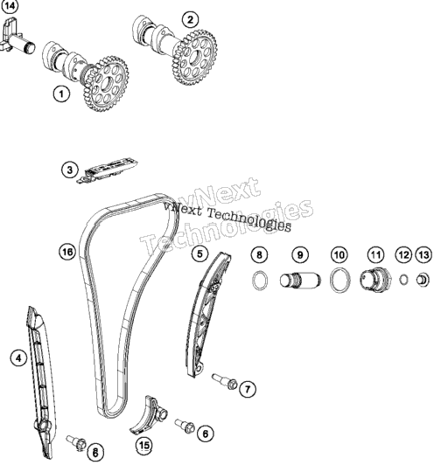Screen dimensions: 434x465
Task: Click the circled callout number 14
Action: pyautogui.click(x=10, y=6)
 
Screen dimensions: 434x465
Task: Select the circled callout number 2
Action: pyautogui.click(x=190, y=19)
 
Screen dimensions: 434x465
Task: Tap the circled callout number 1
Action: pyautogui.click(x=61, y=94)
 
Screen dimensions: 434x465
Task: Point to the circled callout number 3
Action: pyautogui.click(x=70, y=170)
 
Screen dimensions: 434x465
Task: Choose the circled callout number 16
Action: pyautogui.click(x=67, y=252)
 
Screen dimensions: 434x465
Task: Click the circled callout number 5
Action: pyautogui.click(x=199, y=253)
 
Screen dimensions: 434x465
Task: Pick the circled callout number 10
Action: pyautogui.click(x=339, y=254)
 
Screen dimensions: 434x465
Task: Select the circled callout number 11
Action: pyautogui.click(x=376, y=254)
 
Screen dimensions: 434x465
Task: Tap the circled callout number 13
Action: pyautogui.click(x=423, y=254)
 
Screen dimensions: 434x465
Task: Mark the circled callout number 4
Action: pyautogui.click(x=18, y=358)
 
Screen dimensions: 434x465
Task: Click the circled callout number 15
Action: pyautogui.click(x=144, y=445)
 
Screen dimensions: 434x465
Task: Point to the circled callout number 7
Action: pyautogui.click(x=248, y=389)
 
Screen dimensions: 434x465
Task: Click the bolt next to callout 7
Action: pyautogui.click(x=225, y=381)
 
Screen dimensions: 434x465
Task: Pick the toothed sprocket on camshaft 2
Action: pyautogui.click(x=194, y=57)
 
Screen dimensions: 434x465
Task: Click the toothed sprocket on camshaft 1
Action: pyautogui.click(x=106, y=84)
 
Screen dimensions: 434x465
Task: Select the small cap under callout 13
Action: pyautogui.click(x=423, y=280)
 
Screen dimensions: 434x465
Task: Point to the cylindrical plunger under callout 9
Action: pyautogui.click(x=300, y=281)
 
